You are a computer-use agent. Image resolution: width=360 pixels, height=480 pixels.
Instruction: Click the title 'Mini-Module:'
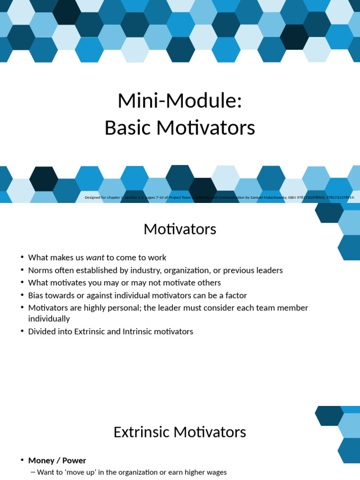click(180, 101)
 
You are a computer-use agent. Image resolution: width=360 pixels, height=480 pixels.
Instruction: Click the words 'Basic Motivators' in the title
click(180, 127)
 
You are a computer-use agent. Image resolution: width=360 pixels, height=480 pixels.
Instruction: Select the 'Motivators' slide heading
click(180, 229)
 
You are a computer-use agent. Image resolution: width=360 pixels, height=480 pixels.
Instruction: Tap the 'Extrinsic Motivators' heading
click(180, 432)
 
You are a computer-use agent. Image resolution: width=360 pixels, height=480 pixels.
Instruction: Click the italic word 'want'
click(95, 257)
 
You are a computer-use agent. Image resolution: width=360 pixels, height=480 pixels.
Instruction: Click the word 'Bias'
click(36, 295)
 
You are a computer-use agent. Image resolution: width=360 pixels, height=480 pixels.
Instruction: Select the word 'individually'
click(49, 319)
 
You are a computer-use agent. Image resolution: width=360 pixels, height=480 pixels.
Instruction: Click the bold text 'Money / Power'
click(57, 460)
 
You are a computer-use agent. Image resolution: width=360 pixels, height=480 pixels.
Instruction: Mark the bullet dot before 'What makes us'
click(22, 257)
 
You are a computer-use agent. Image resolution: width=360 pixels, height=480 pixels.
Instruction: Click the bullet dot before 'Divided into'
click(22, 331)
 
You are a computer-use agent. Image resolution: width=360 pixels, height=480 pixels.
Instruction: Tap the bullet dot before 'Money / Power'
click(22, 460)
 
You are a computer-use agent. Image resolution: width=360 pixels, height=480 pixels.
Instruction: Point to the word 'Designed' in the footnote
click(92, 197)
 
